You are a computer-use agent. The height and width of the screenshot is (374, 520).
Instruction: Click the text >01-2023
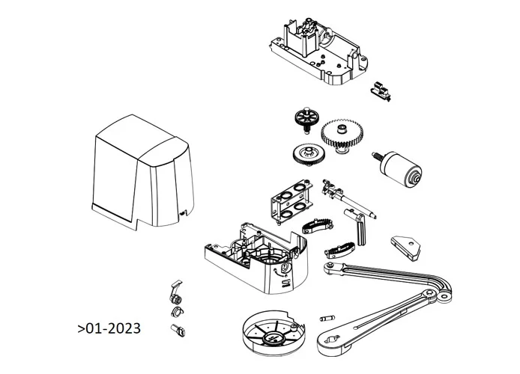[x=108, y=328]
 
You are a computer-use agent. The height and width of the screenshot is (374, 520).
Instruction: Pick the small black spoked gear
[x=306, y=118]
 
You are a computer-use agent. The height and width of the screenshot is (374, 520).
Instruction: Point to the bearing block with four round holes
[x=293, y=200]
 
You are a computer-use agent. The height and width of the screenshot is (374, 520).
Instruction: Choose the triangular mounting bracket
[x=405, y=247]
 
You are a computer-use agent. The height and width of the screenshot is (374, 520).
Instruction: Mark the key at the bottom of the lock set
[x=180, y=329]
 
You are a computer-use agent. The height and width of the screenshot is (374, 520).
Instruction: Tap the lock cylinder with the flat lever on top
[x=175, y=292]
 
